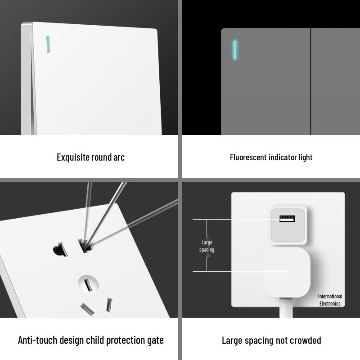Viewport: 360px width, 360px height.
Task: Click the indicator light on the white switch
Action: (x=47, y=43)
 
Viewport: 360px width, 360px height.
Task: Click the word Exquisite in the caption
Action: (x=73, y=157)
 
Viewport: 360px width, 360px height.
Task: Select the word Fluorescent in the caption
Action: (x=248, y=157)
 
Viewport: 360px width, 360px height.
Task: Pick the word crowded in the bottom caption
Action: (x=306, y=340)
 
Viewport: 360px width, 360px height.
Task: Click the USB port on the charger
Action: (x=287, y=219)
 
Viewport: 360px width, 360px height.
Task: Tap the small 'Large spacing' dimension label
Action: (x=207, y=246)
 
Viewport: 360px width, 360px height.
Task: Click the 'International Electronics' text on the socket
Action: (x=330, y=300)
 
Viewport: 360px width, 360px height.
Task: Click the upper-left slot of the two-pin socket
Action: (x=60, y=249)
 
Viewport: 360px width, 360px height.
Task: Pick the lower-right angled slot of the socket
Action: (x=109, y=305)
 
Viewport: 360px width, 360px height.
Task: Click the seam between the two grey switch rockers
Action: (x=311, y=81)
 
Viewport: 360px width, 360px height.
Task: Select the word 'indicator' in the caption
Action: (x=283, y=157)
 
